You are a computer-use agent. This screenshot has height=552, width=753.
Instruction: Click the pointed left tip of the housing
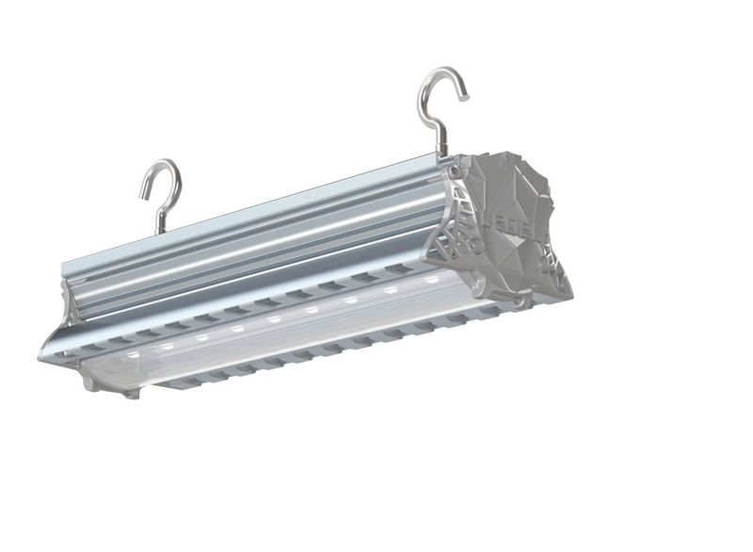[x=42, y=356]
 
